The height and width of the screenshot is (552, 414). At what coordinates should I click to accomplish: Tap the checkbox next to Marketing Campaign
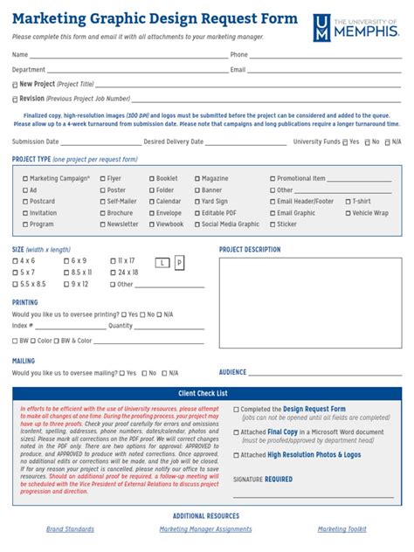click(25, 179)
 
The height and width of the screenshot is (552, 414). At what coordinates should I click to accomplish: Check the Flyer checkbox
click(102, 179)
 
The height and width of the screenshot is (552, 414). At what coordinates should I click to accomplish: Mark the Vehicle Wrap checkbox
click(348, 213)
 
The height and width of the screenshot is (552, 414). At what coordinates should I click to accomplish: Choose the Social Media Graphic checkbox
click(198, 224)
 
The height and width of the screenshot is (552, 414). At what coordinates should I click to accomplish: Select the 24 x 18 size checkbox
click(112, 273)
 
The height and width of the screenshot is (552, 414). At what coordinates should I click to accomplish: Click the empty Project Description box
click(310, 307)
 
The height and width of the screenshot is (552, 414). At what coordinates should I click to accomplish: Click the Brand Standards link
click(70, 529)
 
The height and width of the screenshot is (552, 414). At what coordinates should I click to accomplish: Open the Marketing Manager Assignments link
click(205, 529)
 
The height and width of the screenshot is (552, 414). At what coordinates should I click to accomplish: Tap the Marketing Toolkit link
click(342, 529)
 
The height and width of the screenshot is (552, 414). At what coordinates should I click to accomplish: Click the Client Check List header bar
click(207, 394)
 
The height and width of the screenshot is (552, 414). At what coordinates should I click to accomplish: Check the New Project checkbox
click(15, 85)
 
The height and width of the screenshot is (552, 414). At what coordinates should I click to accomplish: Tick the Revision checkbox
click(15, 100)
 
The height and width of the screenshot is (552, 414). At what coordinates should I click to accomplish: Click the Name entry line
click(122, 56)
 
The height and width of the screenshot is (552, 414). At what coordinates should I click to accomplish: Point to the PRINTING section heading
click(24, 302)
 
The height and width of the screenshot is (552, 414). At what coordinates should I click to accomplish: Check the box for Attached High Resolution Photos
click(236, 455)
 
